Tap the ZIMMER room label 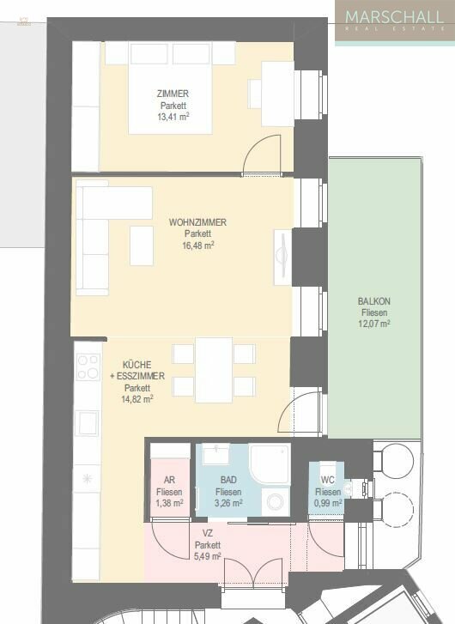[x=173, y=94]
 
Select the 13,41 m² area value [x=173, y=118]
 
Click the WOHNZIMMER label [x=197, y=222]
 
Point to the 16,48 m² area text [x=197, y=245]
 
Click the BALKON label [x=374, y=301]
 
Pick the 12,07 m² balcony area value [x=374, y=324]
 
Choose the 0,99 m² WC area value [x=327, y=503]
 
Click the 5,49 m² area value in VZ [x=207, y=556]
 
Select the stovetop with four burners [x=88, y=367]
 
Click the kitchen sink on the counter [x=87, y=422]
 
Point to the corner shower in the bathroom [x=270, y=464]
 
